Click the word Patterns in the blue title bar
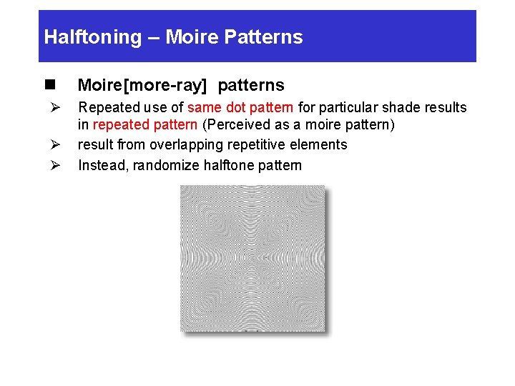270,37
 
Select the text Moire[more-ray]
142,86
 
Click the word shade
398,108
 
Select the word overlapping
186,145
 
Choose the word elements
320,145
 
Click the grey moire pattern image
252,258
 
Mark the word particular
337,108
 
